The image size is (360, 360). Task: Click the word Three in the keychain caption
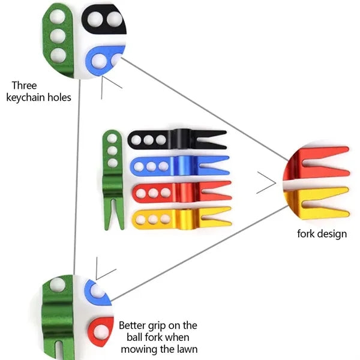(24, 86)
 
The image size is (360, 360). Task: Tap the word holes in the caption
(59, 97)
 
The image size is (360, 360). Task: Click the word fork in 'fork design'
(305, 234)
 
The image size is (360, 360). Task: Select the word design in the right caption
(331, 234)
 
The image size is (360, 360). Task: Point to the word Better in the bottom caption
(132, 325)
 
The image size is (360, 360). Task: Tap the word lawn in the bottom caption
(187, 349)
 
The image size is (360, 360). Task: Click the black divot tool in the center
(177, 139)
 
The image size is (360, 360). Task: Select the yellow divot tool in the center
(182, 219)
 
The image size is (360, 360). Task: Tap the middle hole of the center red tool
(153, 193)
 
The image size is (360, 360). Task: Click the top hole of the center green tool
(112, 139)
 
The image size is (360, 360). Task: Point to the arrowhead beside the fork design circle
(266, 182)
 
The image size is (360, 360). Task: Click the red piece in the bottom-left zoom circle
(101, 332)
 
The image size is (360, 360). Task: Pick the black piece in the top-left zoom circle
(104, 19)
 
